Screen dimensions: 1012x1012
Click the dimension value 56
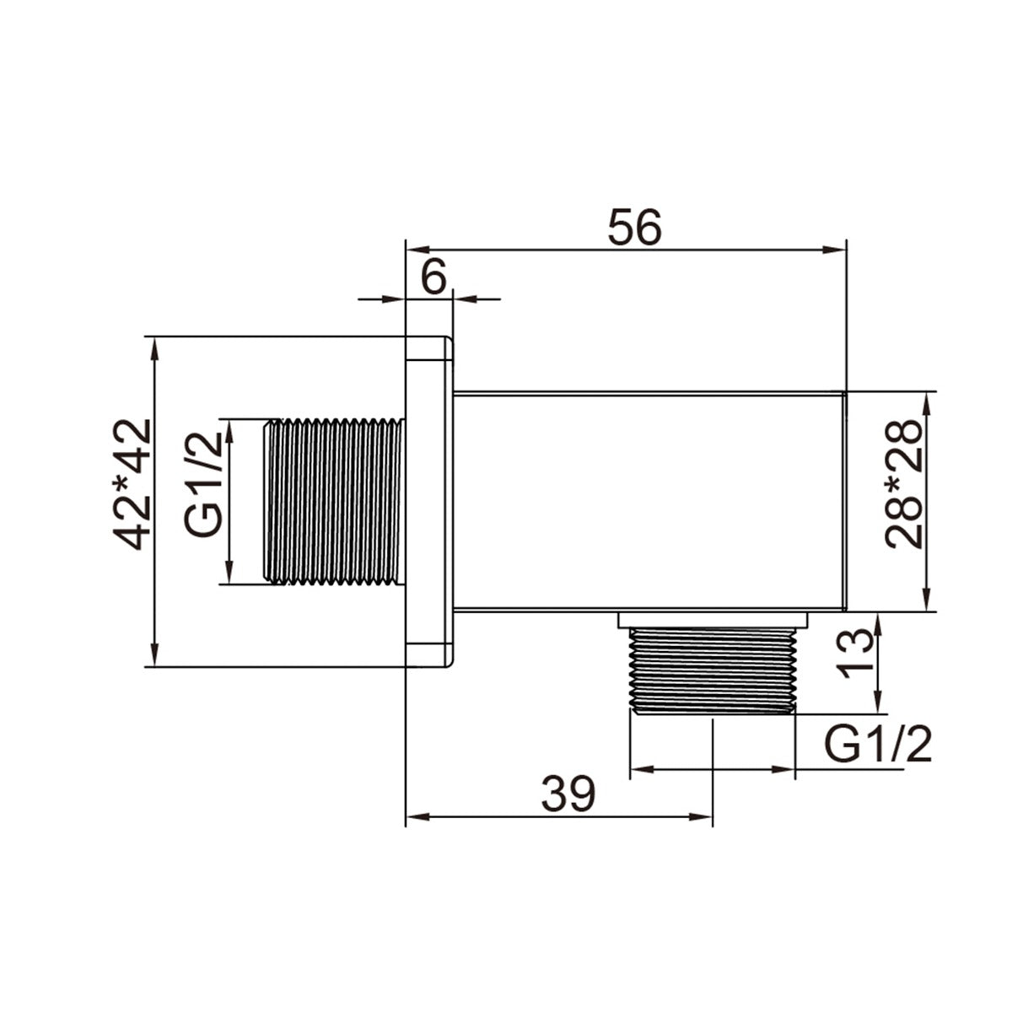point(635,227)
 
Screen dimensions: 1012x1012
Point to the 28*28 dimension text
point(903,484)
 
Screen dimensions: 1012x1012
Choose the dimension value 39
point(568,794)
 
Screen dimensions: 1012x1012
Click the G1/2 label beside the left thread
point(203,485)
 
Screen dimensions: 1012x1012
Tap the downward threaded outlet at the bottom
point(713,670)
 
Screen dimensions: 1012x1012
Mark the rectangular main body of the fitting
point(649,500)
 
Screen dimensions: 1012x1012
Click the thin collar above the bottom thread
point(713,620)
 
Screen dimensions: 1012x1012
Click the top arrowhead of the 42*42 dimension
point(154,344)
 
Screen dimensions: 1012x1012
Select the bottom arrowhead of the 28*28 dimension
point(928,603)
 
